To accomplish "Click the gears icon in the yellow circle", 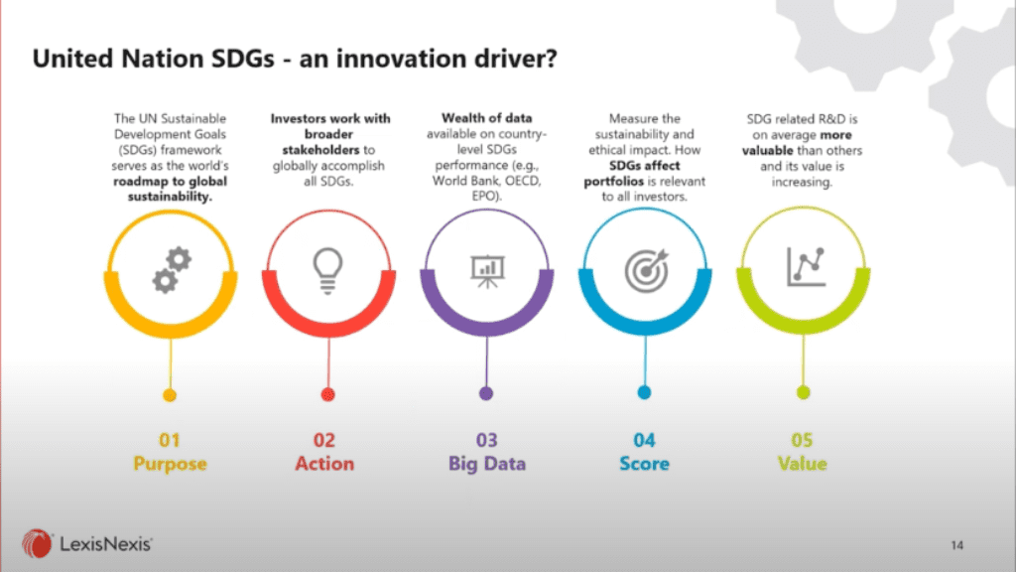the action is point(172,270).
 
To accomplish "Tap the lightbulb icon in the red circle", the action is point(327,271).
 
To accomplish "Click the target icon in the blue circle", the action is point(646,270).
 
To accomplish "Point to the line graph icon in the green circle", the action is point(806,266).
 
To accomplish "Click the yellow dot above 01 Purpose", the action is point(170,395).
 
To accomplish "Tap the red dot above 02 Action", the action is point(327,394).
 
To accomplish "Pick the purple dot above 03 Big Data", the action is point(486,393).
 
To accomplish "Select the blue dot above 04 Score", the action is point(644,392).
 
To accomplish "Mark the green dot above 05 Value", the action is point(803,392).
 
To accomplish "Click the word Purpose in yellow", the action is point(170,464).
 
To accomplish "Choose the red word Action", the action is point(324,464).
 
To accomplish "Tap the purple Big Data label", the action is point(487,464).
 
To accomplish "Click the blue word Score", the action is point(644,464).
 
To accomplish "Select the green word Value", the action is point(802,464).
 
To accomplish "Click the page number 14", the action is point(957,545).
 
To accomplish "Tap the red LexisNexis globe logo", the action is point(37,543).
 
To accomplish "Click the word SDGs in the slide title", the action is point(243,59).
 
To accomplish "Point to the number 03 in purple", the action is point(486,440).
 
